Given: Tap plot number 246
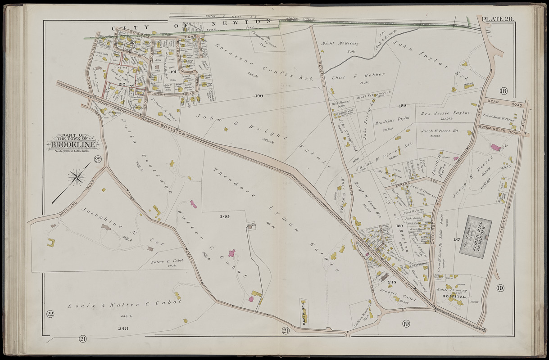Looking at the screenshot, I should click(224, 216).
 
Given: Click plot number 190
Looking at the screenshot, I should click(258, 96).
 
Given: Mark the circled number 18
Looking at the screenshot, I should click(503, 91).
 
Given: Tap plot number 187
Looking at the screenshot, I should click(458, 239).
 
